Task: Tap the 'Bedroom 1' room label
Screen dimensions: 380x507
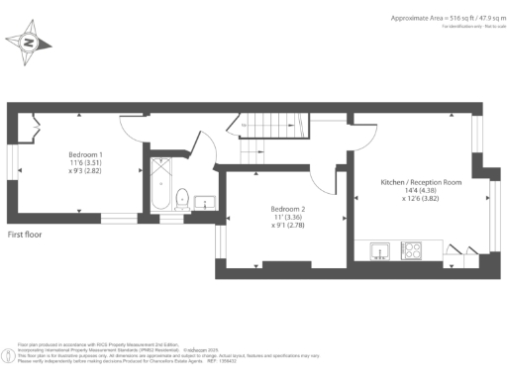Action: [85, 154]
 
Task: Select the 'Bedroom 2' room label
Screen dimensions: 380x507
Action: [289, 209]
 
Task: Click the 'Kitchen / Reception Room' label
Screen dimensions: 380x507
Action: [422, 182]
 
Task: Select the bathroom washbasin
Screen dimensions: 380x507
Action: [205, 202]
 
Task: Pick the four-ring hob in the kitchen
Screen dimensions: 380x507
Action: [410, 251]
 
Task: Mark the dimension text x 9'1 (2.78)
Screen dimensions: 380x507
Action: [289, 226]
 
